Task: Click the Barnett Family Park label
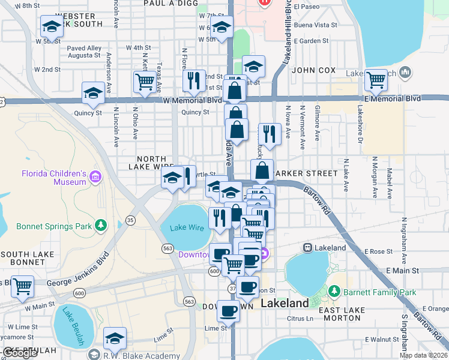pos(380,293)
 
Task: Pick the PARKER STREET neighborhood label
pos(304,173)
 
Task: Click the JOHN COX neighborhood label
pos(313,70)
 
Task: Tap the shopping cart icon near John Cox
pos(376,79)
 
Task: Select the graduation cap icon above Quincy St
pos(93,93)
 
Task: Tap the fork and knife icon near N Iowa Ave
pos(269,134)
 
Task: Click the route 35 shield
pos(130,221)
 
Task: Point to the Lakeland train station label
pos(325,247)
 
